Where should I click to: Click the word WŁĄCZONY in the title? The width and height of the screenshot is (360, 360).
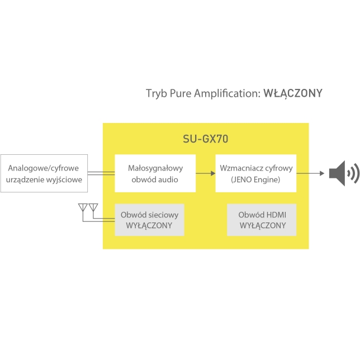293,93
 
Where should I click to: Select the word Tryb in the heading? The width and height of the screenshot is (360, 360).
157,94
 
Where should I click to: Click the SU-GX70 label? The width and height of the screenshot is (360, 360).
206,139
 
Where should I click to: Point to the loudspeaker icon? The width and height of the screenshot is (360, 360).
344,173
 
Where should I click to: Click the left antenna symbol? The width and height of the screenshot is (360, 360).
83,207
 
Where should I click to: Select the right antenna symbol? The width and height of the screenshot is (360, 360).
93,207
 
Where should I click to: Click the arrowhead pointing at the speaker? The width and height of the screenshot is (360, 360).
322,173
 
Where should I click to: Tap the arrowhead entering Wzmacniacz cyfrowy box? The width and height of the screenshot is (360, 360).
213,173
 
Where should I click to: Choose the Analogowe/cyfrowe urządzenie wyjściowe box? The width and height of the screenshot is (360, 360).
44,173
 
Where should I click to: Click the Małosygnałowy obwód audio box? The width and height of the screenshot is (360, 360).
155,173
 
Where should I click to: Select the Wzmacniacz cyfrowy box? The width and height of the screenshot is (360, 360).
256,173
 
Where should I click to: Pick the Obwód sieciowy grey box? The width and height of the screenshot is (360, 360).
149,220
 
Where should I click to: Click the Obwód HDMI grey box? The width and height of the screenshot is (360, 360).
262,220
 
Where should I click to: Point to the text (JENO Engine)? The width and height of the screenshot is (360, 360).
255,179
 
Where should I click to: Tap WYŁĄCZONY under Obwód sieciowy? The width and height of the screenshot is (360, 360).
149,226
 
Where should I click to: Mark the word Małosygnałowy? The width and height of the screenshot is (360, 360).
155,168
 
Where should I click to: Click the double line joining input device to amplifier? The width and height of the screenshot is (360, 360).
101,173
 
